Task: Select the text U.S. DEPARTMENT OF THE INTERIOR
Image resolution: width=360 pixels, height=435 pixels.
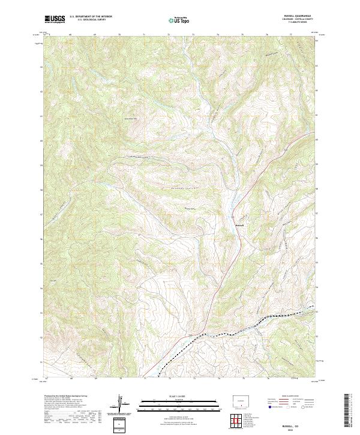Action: click(91, 17)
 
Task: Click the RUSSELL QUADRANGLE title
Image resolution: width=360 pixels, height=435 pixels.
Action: click(301, 17)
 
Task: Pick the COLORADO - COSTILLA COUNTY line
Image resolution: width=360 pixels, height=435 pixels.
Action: click(301, 20)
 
